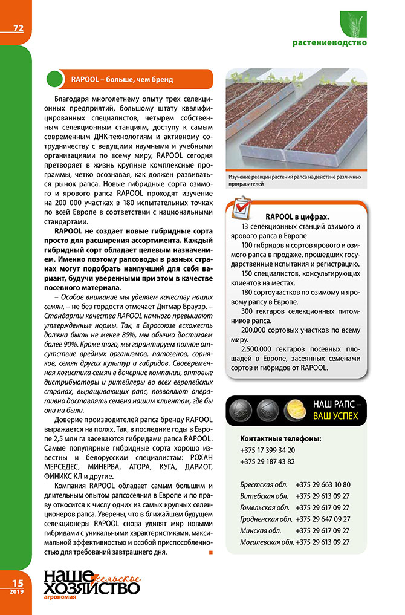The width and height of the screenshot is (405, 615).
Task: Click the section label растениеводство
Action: (329, 43)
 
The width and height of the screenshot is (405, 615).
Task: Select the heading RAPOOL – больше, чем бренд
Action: (121, 79)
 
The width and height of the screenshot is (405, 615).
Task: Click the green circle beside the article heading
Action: (56, 79)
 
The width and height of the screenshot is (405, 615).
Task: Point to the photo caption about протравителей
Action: (295, 180)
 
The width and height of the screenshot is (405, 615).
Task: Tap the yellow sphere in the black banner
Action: (294, 411)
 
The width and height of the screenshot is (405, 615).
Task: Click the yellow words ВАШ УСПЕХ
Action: (335, 416)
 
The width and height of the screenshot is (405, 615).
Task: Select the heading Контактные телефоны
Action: (280, 438)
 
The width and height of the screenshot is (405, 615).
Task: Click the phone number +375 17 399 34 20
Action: (267, 450)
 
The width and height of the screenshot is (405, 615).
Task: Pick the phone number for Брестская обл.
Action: (323, 484)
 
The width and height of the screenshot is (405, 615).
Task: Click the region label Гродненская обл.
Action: (266, 519)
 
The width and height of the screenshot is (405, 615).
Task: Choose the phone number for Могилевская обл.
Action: (323, 542)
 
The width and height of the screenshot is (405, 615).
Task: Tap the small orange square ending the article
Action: (210, 552)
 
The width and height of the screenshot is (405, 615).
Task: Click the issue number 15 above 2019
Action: (14, 582)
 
